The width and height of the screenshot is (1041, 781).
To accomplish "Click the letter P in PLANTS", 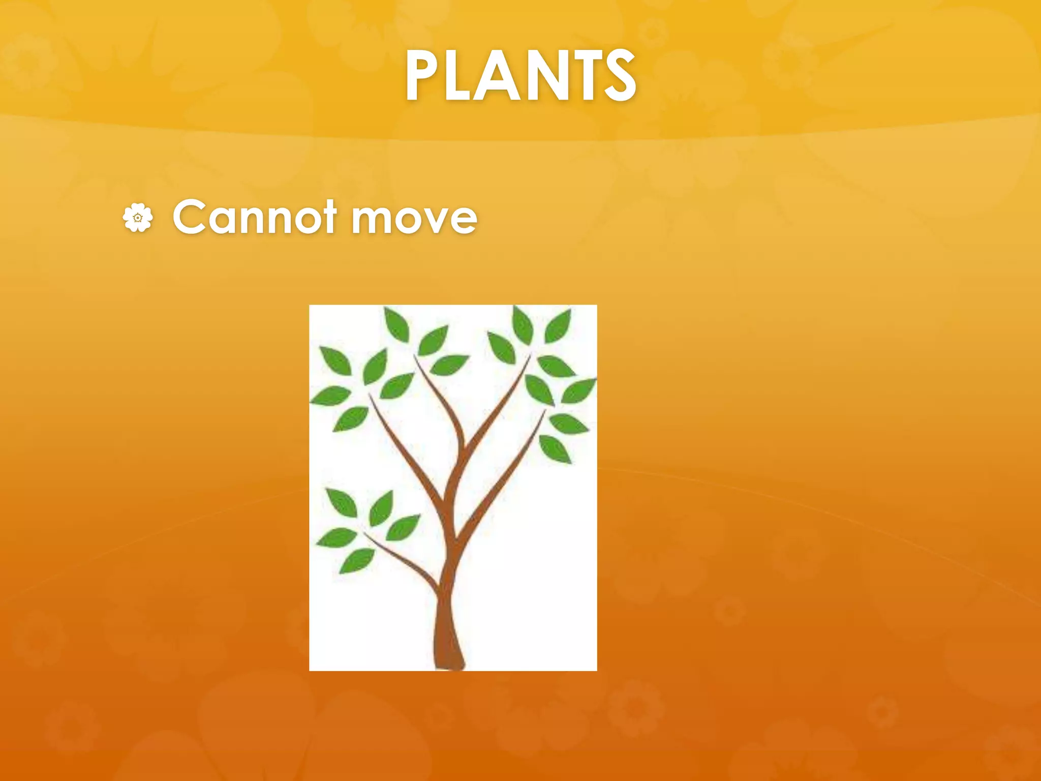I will click(425, 76).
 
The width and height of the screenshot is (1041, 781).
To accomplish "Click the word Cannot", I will click(255, 217).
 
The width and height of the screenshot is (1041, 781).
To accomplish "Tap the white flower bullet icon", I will click(137, 218).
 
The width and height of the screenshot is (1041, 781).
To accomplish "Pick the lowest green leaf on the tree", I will click(357, 560).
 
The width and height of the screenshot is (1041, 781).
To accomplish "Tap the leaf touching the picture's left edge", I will click(330, 396).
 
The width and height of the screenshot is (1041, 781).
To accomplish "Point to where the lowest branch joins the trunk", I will click(440, 590).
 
